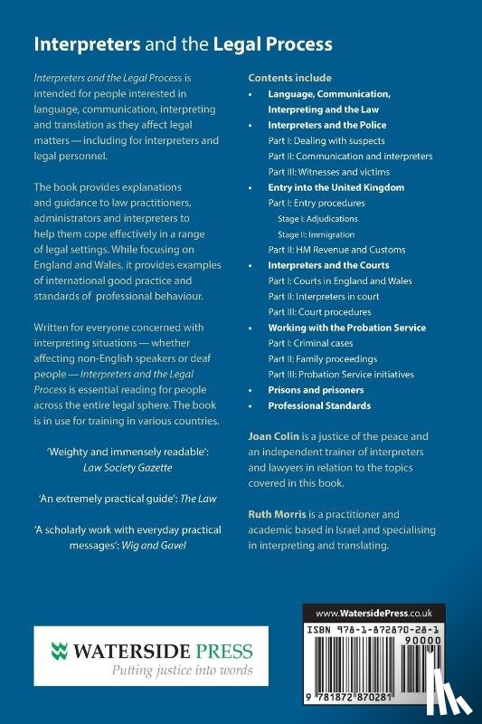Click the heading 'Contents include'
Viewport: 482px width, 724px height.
click(x=289, y=78)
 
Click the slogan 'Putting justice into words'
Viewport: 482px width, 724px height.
click(x=146, y=671)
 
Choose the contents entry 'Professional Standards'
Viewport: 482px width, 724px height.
click(x=319, y=405)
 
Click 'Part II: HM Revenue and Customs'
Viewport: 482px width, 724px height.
click(x=336, y=250)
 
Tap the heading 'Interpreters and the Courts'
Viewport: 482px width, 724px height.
click(x=328, y=265)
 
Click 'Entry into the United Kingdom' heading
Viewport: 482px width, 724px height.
click(x=336, y=187)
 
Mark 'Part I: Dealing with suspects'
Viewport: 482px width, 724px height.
click(x=326, y=140)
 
